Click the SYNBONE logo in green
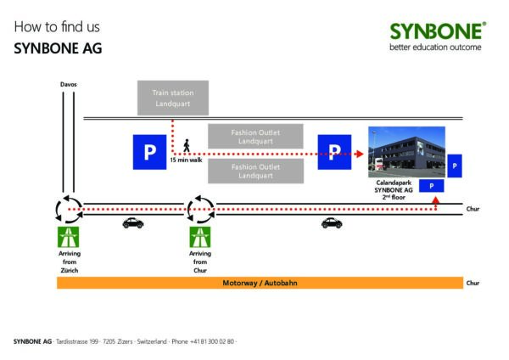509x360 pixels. pyautogui.click(x=438, y=31)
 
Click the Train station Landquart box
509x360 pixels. pyautogui.click(x=173, y=98)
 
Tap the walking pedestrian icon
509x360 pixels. pyautogui.click(x=187, y=145)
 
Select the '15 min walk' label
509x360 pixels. pyautogui.click(x=186, y=160)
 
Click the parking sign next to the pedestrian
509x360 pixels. pyautogui.click(x=149, y=152)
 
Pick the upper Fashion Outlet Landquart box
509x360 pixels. pyautogui.click(x=255, y=137)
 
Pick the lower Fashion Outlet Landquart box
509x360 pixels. pyautogui.click(x=256, y=171)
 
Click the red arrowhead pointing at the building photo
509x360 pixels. pyautogui.click(x=359, y=154)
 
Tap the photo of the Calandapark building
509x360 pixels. pyautogui.click(x=406, y=152)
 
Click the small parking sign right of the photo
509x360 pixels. pyautogui.click(x=455, y=166)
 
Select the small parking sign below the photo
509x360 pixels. pyautogui.click(x=432, y=186)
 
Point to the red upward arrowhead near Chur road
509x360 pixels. pyautogui.click(x=436, y=200)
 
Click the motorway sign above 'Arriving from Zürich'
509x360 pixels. pyautogui.click(x=68, y=237)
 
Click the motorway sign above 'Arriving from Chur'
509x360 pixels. pyautogui.click(x=200, y=237)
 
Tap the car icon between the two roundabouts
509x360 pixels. pyautogui.click(x=133, y=223)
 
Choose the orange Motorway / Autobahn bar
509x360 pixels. pyautogui.click(x=260, y=283)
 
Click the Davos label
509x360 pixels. pyautogui.click(x=69, y=84)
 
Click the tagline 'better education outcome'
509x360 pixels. pyautogui.click(x=435, y=47)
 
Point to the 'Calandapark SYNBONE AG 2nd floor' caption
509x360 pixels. pyautogui.click(x=394, y=190)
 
